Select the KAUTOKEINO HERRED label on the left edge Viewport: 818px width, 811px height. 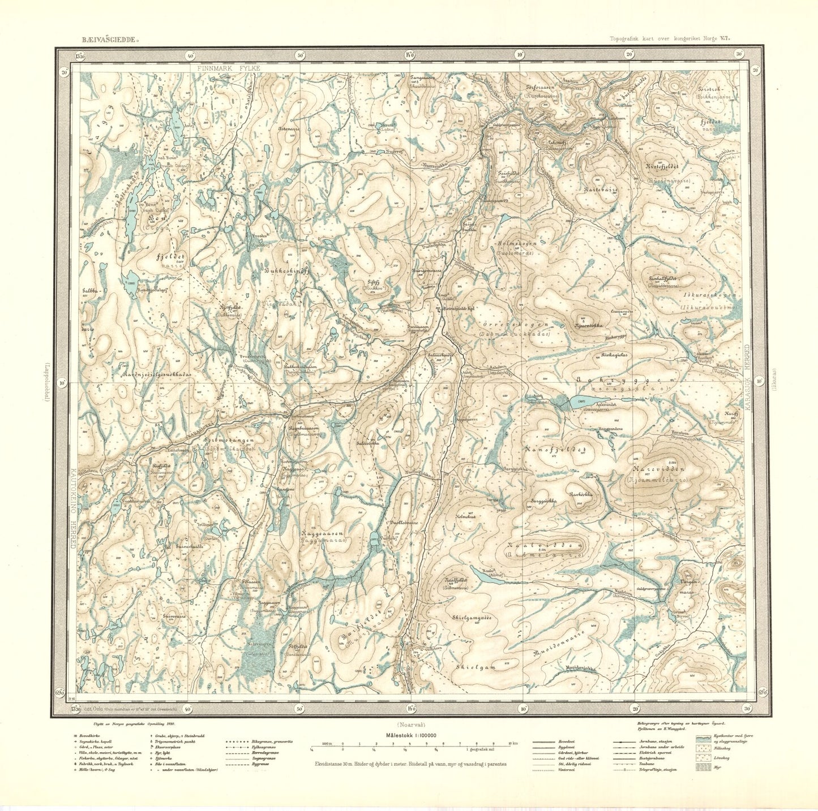(x=72, y=508)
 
